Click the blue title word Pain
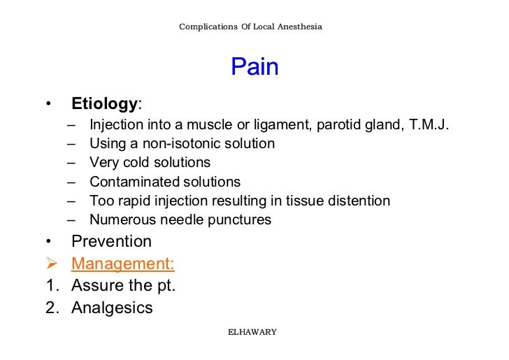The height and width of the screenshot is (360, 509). pos(254,67)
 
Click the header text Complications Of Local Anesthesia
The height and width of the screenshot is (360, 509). pos(250,27)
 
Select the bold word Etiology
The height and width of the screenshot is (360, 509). pos(104,105)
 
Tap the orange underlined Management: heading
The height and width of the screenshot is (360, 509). pos(123,264)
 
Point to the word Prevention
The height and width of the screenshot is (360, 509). pos(111,242)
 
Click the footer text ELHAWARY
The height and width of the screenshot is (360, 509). pos(252,332)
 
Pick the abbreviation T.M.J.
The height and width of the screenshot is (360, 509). pos(429,125)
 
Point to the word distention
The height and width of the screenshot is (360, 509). pos(358,201)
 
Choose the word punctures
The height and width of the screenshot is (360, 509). pos(241,220)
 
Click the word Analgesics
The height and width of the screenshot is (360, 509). pos(112,308)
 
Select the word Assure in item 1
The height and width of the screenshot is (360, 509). pos(96,285)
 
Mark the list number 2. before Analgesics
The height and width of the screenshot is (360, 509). pos(51,308)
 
